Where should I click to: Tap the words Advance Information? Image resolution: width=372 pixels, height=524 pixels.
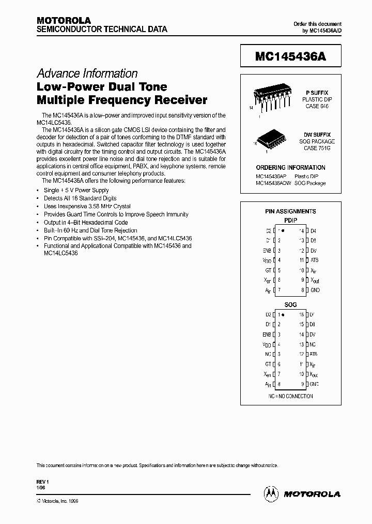pos(87,74)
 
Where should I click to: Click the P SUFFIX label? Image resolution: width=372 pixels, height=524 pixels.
pos(317,92)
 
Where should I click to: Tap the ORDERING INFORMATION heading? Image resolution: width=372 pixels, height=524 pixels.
pos(290,168)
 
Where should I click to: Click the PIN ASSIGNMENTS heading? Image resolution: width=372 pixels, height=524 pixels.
pos(290,211)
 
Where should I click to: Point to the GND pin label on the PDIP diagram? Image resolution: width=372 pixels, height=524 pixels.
pos(315,290)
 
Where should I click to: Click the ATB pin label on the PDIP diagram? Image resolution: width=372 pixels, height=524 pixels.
pos(314,260)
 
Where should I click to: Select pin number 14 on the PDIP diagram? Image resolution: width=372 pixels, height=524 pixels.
pos(301,230)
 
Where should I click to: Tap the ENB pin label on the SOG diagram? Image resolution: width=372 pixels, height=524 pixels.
pos(267,334)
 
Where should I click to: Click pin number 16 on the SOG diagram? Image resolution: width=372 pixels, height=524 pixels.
pos(301,314)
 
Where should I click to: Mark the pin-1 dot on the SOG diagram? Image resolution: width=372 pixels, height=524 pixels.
pos(283,314)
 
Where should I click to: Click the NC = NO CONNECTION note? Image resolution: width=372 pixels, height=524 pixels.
pos(290,396)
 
